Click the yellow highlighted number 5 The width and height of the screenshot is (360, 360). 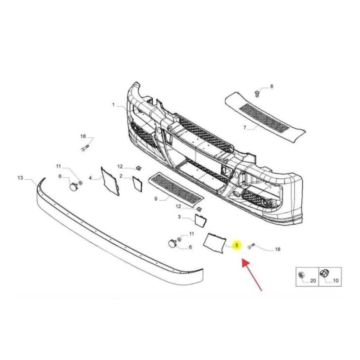(237, 245)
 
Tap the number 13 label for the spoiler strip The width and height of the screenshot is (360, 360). (20, 178)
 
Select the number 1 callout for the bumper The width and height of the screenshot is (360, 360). (114, 104)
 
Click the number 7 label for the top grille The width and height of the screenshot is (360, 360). (245, 128)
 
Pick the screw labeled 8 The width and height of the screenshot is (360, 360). (257, 94)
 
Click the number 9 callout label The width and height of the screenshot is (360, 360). (156, 199)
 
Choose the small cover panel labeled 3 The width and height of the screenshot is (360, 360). (201, 220)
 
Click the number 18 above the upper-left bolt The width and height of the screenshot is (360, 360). (83, 136)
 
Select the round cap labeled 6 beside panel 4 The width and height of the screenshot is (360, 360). (73, 186)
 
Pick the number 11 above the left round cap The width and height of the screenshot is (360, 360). (59, 166)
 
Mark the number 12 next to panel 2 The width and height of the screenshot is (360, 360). (120, 166)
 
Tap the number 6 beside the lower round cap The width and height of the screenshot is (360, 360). (190, 247)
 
